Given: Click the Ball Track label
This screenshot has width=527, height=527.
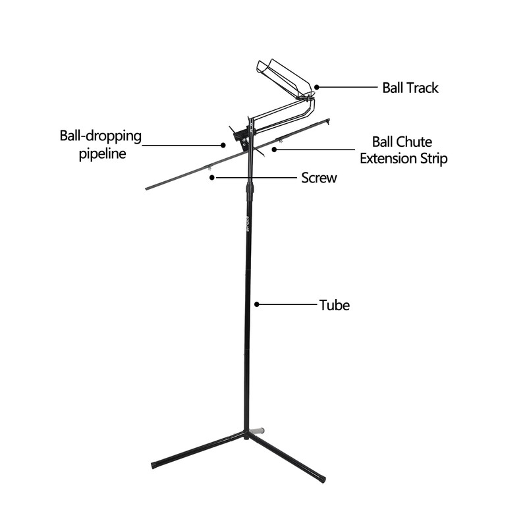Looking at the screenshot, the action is (410, 88).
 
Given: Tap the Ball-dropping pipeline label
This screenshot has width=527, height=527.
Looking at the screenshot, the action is (101, 145).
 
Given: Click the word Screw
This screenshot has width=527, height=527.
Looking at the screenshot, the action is (319, 177).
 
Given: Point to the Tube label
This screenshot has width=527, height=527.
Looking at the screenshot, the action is (334, 305).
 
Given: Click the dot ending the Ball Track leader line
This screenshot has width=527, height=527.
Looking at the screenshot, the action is (317, 86).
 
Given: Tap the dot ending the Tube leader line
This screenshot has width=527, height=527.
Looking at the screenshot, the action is (257, 304).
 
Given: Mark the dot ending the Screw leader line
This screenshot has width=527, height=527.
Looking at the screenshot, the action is (211, 177).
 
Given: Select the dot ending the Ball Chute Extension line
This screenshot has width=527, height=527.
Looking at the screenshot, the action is (273, 150).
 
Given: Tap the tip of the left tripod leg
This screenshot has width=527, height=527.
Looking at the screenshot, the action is (153, 465).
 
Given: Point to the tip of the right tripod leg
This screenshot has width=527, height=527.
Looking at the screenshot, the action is (322, 479).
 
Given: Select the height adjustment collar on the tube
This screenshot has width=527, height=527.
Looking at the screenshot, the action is (250, 192).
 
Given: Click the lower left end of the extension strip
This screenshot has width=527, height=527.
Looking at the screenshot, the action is (148, 189).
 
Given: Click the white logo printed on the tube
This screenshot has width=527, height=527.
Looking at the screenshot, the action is (248, 225).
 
